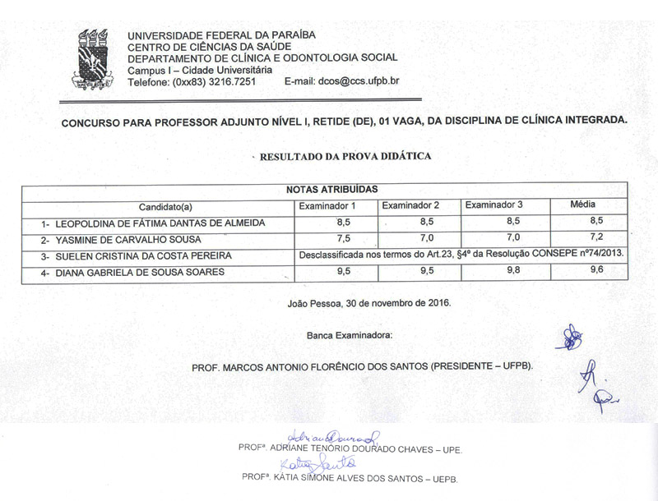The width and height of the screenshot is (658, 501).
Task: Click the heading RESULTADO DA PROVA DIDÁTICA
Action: click(x=345, y=156)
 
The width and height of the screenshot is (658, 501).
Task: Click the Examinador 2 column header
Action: click(x=410, y=205)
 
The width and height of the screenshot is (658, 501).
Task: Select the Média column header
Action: click(x=584, y=204)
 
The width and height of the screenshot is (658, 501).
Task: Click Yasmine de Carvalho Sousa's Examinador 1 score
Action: click(x=321, y=238)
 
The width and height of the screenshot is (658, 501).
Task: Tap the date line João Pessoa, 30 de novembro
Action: click(x=369, y=302)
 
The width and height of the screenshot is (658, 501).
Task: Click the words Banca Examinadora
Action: click(x=350, y=335)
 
